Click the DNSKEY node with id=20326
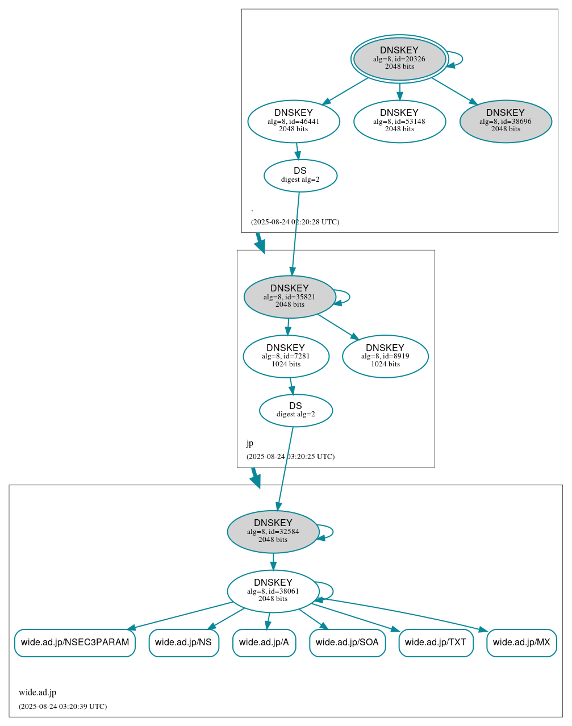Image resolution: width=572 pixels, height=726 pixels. pos(399,59)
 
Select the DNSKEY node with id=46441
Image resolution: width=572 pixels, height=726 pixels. pos(294,121)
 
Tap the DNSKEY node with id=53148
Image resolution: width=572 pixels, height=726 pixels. pos(399,121)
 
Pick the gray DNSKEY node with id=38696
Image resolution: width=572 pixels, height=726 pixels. pos(506,121)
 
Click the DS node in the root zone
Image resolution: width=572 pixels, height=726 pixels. pos(300,176)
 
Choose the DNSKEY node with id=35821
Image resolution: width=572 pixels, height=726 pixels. pos(290,297)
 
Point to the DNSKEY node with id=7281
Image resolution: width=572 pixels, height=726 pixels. pos(286,356)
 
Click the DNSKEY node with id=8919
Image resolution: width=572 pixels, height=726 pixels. pos(385,356)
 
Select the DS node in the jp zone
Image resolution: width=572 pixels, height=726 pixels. pos(295,410)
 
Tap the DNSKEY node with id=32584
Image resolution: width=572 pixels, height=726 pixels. pos(273,532)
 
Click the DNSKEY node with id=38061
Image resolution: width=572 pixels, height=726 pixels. pos(273,591)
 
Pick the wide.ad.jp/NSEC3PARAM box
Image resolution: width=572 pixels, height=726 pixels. pos(75,642)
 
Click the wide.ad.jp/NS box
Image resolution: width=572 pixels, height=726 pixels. pos(183,642)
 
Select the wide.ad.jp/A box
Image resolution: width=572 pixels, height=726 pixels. pos(264,642)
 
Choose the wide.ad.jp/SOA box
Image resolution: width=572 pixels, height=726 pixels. pos(347,642)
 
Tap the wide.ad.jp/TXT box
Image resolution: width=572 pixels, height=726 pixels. pos(436,642)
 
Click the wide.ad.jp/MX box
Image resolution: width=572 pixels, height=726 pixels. pos(521,642)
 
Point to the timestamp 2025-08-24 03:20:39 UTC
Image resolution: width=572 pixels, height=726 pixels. pos(62,707)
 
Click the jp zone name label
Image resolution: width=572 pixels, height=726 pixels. pos(250,443)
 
